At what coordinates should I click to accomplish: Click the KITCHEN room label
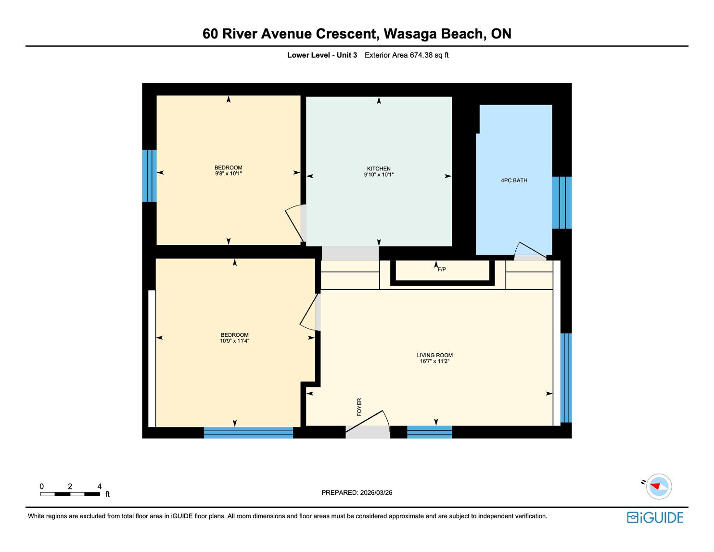pyautogui.click(x=379, y=168)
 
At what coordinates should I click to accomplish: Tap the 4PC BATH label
pyautogui.click(x=514, y=180)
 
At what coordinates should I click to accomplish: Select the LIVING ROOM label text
pyautogui.click(x=434, y=355)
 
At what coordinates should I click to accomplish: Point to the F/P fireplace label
pyautogui.click(x=442, y=270)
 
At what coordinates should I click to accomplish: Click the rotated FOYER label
pyautogui.click(x=359, y=407)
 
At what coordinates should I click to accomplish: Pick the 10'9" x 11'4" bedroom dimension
pyautogui.click(x=234, y=341)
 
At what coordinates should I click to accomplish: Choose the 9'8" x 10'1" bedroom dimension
pyautogui.click(x=229, y=173)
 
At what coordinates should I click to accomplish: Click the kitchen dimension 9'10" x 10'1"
pyautogui.click(x=379, y=175)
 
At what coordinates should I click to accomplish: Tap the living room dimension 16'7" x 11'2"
pyautogui.click(x=434, y=361)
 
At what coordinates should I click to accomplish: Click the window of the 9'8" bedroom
pyautogui.click(x=149, y=176)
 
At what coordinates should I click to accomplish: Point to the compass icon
pyautogui.click(x=659, y=486)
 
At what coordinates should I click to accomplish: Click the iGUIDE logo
pyautogui.click(x=655, y=517)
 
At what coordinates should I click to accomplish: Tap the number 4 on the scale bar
pyautogui.click(x=99, y=486)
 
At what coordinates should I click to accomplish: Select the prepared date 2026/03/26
pyautogui.click(x=376, y=492)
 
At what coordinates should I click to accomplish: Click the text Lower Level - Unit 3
pyautogui.click(x=322, y=55)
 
